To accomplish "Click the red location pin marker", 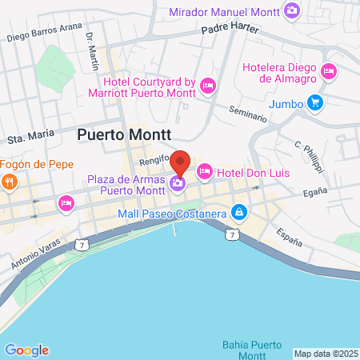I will coord(181,163).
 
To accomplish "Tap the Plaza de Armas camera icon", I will coord(177,183).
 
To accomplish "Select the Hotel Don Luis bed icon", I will coord(205,171).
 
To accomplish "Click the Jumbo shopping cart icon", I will coord(316,102).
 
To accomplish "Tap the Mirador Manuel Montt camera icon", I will coord(293,10).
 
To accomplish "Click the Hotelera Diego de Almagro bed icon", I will coord(327,73).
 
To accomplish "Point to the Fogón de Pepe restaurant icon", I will coord(10,181).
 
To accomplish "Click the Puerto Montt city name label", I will coord(125,135).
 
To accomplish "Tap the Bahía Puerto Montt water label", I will coord(252,349).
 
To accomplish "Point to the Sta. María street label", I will coord(34,137).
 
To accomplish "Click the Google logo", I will coord(26,350).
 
